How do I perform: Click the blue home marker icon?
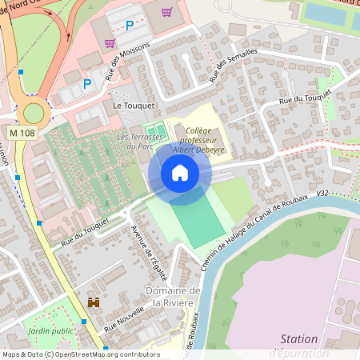(180, 172)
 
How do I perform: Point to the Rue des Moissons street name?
(117, 65)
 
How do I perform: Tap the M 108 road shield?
(23, 131)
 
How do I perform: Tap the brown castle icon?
(94, 303)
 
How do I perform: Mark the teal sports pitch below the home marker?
(196, 220)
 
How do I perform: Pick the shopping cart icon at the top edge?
(166, 12)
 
